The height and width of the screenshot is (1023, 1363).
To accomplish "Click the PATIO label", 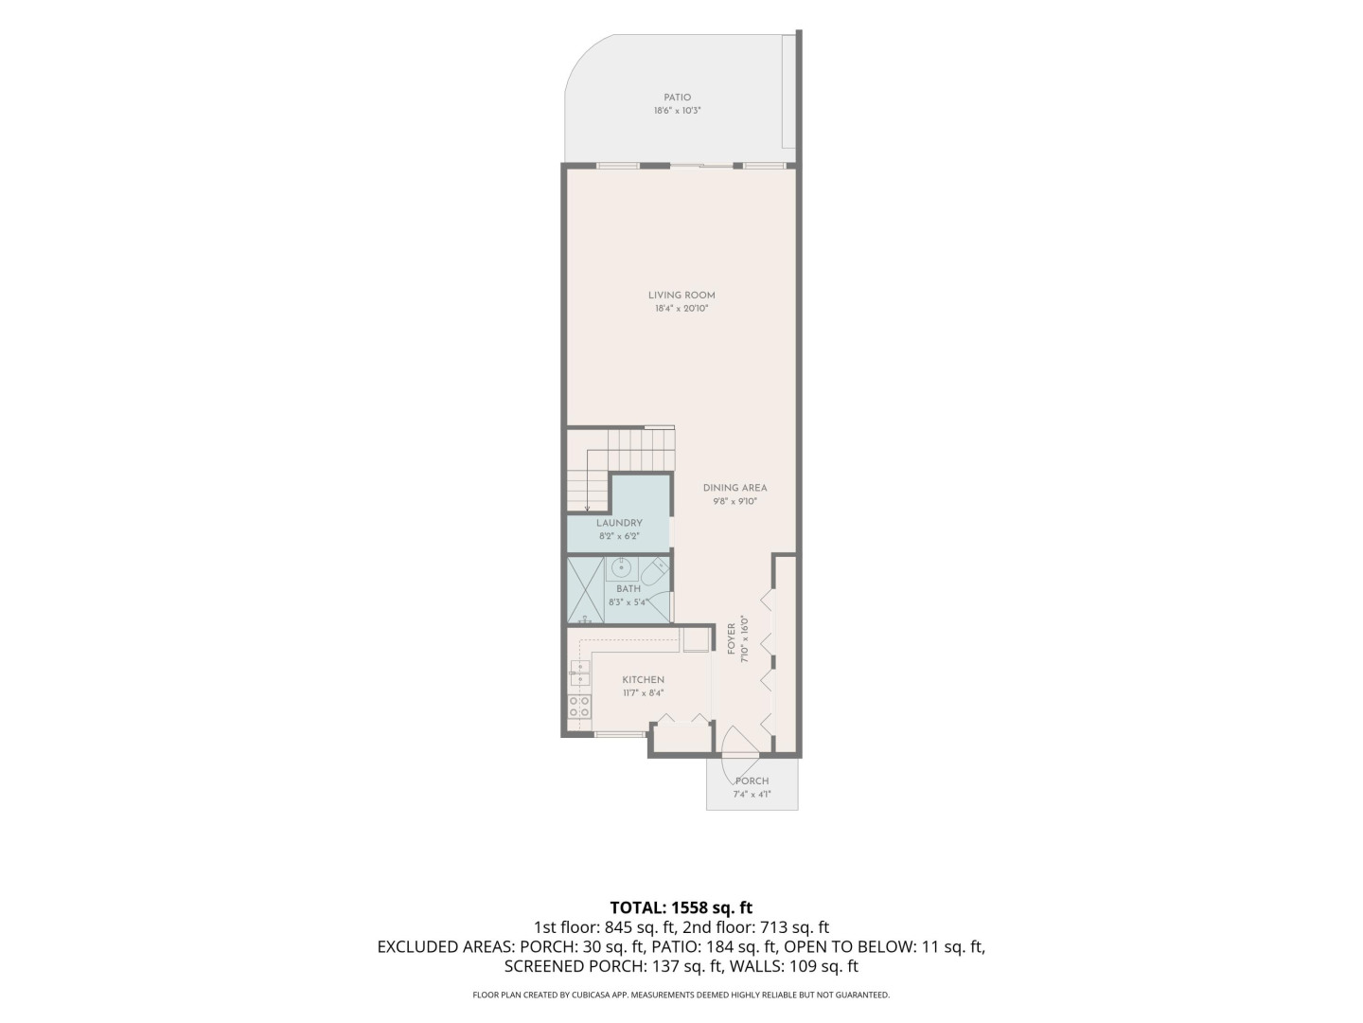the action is [x=677, y=98].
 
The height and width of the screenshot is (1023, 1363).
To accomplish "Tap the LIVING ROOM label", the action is [x=681, y=296].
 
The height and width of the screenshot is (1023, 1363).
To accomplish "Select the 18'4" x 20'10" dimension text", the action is [x=681, y=309].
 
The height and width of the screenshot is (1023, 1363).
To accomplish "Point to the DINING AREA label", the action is [x=735, y=488].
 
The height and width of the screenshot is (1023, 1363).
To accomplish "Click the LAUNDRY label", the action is [x=619, y=523].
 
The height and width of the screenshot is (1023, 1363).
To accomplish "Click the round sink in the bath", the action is [x=620, y=567].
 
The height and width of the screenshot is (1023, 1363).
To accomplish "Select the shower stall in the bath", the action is [x=585, y=590].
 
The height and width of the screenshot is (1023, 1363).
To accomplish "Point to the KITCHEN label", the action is [x=644, y=680].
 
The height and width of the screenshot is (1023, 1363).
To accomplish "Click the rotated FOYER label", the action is [x=732, y=638].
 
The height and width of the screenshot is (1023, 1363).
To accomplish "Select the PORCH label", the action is [x=752, y=781].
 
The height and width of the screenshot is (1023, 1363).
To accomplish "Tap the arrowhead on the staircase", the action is [x=588, y=509].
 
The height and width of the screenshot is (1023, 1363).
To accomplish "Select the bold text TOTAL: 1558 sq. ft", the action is [x=681, y=907].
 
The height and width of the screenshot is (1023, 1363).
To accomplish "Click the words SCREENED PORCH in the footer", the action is [x=575, y=966].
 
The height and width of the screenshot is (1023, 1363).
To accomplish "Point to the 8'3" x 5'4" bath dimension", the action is [x=628, y=601].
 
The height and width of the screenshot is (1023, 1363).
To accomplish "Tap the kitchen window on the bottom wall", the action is [x=620, y=735].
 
